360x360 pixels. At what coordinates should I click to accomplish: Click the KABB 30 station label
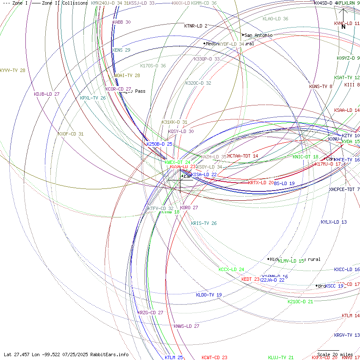coord(122,22)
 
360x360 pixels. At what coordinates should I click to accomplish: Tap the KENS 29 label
coord(121,50)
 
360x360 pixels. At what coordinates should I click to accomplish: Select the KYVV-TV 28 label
coord(13,70)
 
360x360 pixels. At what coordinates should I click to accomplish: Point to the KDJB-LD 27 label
coord(47,94)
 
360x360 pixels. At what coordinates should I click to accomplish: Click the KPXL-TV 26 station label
coord(93,98)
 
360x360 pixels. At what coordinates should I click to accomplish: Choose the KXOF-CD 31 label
coord(71,134)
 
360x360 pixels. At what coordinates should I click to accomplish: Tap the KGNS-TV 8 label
coord(321,86)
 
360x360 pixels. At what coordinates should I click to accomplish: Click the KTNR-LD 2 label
coord(196,26)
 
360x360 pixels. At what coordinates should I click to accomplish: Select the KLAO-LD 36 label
coord(275,19)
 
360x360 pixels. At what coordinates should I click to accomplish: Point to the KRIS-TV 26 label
coord(204,223)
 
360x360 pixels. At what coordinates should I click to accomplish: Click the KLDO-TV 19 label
coord(209,295)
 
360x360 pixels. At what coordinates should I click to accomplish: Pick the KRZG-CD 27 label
coord(150,313)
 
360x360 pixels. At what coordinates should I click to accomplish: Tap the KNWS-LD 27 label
coord(186,326)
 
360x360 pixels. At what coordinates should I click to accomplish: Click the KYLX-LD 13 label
coord(334,222)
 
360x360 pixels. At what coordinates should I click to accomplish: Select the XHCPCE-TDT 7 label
coord(344,189)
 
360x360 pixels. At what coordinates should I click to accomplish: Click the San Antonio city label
coord(258,35)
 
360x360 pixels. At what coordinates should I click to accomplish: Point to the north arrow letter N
coord(343,27)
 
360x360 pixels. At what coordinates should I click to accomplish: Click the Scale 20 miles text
coord(335,354)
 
